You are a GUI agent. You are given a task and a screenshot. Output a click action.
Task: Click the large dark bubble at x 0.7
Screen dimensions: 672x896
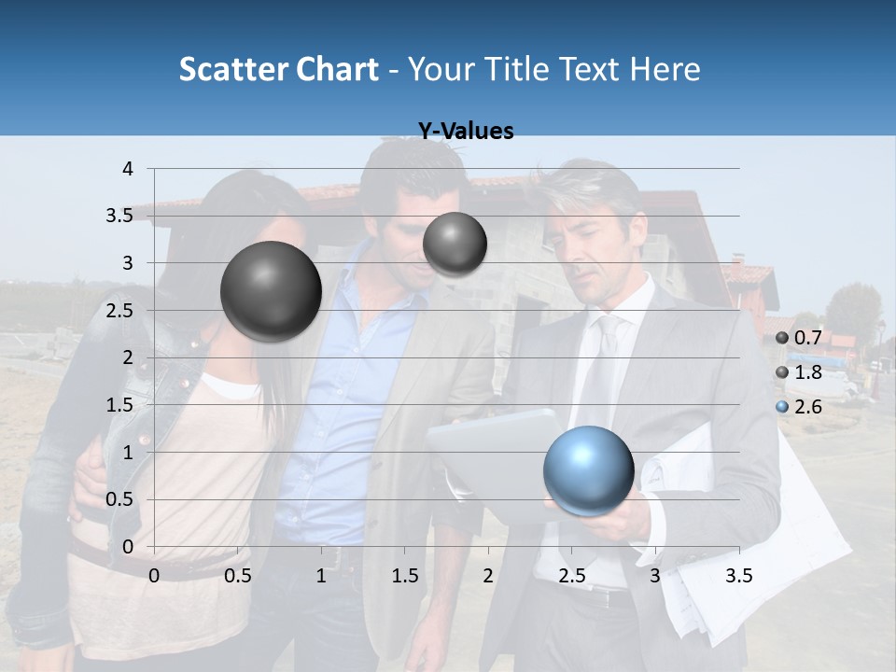point(271,291)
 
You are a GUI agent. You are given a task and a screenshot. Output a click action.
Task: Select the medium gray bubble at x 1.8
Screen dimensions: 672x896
point(455,244)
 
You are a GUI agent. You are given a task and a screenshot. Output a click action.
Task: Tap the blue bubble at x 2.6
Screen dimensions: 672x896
point(588,470)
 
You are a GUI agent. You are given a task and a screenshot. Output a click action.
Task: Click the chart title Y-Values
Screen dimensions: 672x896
point(465,132)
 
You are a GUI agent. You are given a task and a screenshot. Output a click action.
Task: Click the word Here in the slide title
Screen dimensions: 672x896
point(665,69)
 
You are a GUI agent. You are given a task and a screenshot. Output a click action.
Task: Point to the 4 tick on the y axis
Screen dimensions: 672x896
point(128,169)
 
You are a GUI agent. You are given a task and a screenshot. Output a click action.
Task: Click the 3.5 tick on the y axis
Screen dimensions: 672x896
point(120,216)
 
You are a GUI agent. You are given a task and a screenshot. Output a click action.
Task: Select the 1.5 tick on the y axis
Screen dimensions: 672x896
point(120,404)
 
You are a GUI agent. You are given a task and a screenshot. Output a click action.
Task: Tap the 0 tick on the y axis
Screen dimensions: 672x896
point(128,546)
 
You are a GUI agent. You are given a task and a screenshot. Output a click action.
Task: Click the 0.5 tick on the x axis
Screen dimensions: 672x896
point(237,576)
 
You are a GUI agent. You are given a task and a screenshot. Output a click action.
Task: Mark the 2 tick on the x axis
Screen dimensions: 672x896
point(488,576)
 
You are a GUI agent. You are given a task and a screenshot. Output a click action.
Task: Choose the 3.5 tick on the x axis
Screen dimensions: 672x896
point(738,576)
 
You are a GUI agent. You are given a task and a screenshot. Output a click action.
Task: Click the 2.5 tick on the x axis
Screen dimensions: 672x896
point(571,576)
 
